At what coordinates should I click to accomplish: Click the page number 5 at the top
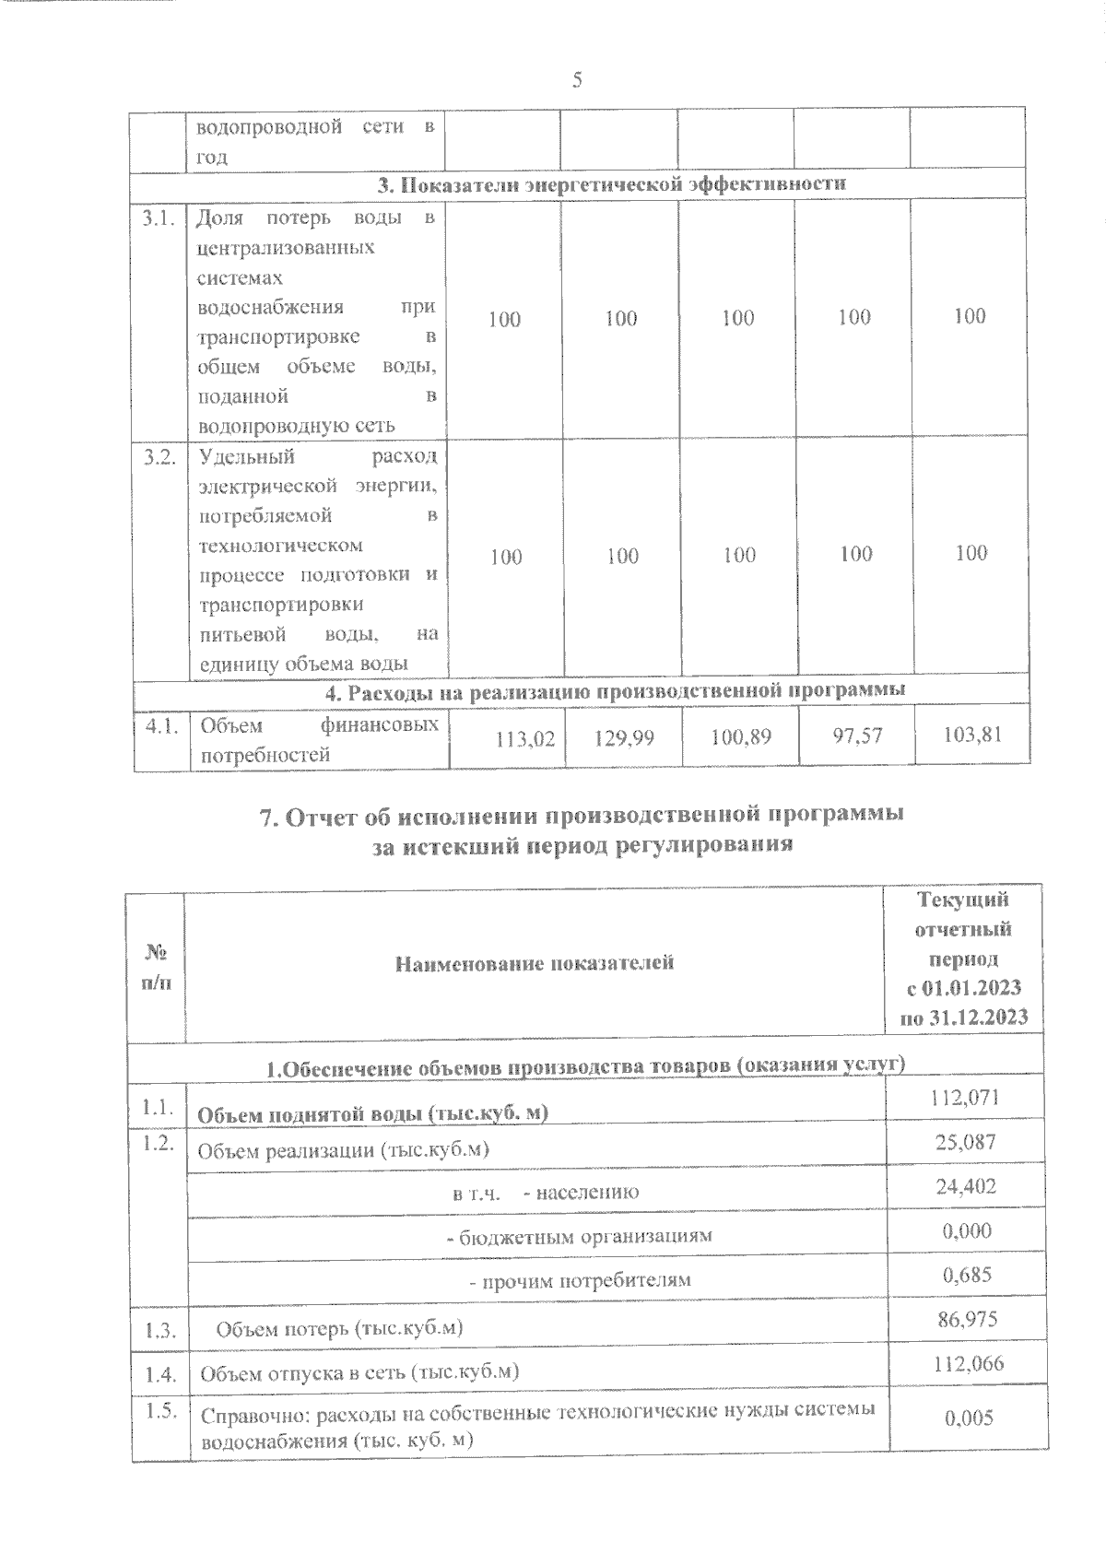click(577, 80)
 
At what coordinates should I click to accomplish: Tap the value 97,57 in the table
click(856, 735)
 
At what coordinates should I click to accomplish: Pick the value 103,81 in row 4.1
click(972, 735)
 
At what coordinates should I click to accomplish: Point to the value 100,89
click(742, 737)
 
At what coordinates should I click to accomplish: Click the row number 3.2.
click(159, 458)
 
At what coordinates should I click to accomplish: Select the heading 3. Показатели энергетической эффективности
click(612, 183)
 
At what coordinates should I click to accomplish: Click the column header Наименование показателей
click(535, 963)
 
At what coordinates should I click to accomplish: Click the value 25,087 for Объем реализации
click(966, 1142)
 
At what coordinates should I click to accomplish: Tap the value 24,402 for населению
click(966, 1186)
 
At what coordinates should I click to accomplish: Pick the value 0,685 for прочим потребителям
click(967, 1275)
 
